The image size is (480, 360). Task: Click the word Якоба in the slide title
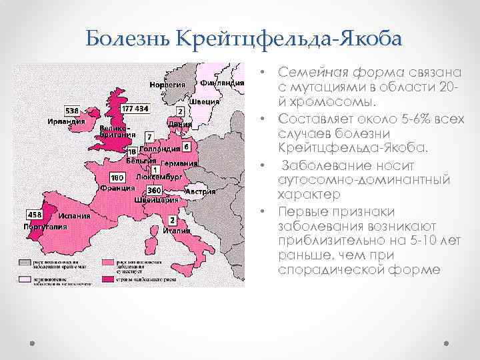click(369, 39)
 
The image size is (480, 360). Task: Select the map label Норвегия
click(167, 85)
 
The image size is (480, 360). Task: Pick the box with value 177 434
click(135, 108)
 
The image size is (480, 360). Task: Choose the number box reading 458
click(33, 215)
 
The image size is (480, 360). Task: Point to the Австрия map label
click(200, 192)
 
